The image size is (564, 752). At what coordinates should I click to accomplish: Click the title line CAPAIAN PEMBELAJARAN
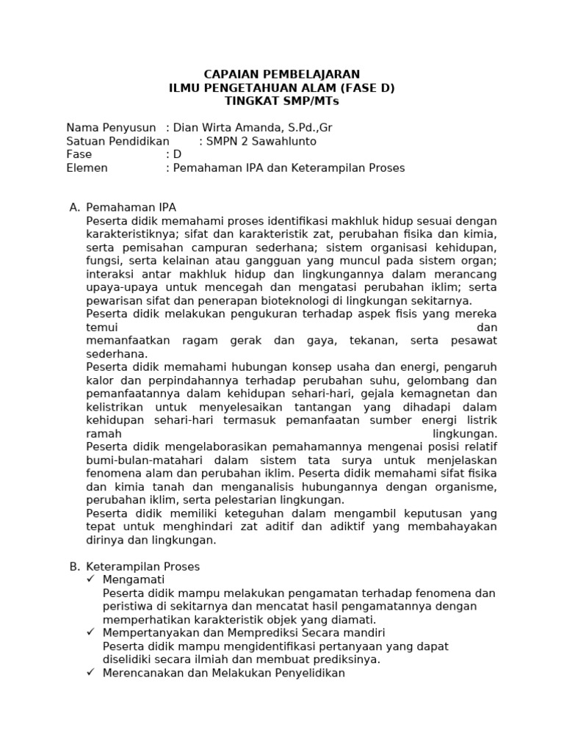coord(281,74)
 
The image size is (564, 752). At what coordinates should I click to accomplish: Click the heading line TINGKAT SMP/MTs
coord(281,101)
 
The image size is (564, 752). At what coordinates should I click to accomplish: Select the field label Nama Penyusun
coord(111,128)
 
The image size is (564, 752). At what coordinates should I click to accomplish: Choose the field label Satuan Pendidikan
coord(117,141)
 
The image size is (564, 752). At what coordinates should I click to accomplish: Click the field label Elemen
coord(87,167)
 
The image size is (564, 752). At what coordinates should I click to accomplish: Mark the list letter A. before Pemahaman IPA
coord(74,208)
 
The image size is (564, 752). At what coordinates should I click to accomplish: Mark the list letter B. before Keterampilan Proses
coord(74,567)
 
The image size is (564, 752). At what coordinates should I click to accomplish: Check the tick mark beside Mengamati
coord(90,580)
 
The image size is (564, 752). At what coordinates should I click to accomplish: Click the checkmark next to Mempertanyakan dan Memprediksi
coord(90,633)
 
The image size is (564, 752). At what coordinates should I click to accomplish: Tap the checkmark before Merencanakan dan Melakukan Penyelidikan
coord(90,673)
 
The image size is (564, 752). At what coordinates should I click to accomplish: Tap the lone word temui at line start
coord(101,327)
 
